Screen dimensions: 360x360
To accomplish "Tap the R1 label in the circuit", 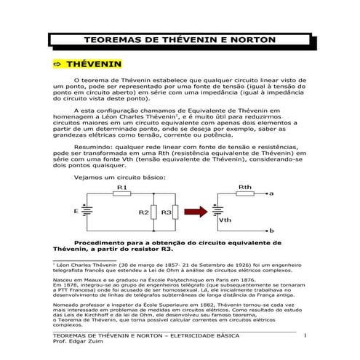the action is click(121, 188).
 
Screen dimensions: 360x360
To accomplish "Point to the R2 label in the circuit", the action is click(144, 212).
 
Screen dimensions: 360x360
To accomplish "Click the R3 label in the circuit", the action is click(166, 212).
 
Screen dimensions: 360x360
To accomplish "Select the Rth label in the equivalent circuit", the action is click(245, 187).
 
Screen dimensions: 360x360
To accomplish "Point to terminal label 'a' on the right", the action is click(271, 194).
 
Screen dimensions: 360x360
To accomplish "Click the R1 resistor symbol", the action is click(121, 195).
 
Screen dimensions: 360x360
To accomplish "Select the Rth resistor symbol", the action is click(245, 194).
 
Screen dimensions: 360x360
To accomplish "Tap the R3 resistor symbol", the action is click(176, 212).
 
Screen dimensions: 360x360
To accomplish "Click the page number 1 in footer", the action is click(306, 335).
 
